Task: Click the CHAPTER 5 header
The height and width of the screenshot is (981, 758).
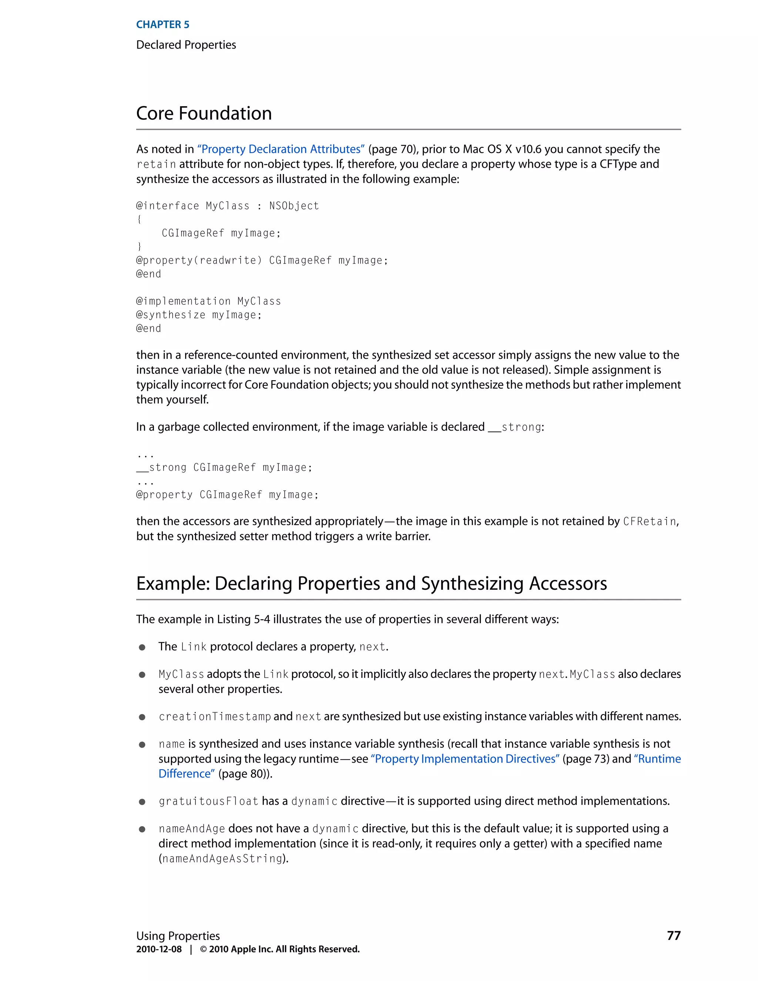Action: point(162,25)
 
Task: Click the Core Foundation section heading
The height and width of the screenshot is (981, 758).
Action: point(204,113)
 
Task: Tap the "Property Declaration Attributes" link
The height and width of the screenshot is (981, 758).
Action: point(281,149)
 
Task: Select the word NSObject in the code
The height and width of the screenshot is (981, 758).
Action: point(294,206)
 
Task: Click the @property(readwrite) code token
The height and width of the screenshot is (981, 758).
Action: point(198,261)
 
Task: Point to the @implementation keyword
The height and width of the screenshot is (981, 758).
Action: point(183,301)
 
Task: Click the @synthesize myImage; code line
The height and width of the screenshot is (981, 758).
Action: point(198,315)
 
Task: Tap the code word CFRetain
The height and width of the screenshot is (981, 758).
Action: point(649,522)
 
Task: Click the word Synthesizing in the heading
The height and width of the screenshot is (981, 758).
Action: point(472,583)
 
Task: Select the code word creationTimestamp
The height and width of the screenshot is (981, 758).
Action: point(215,716)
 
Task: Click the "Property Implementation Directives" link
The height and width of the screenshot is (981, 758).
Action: point(465,759)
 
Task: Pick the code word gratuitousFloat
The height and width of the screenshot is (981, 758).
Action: point(208,801)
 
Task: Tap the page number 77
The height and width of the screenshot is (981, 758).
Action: point(674,935)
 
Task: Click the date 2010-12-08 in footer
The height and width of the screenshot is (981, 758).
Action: point(159,949)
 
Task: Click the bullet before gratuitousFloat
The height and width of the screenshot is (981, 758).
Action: point(142,802)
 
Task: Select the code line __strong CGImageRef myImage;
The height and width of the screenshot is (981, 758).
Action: point(224,468)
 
